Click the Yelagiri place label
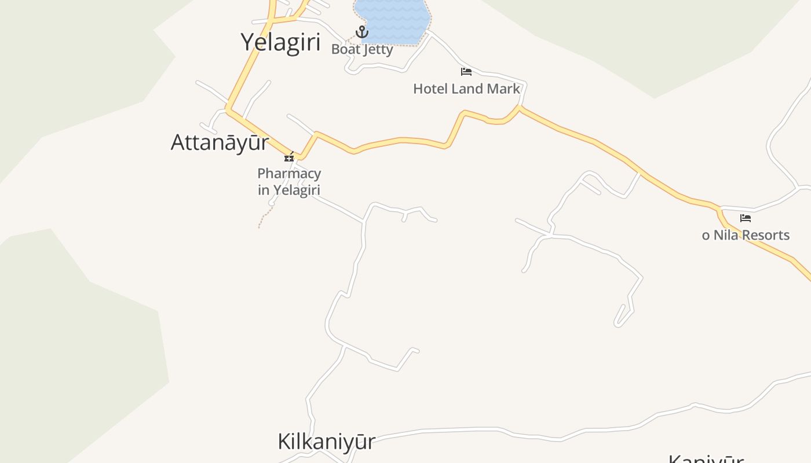coord(280,42)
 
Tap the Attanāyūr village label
coord(220,142)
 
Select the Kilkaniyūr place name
coord(326,442)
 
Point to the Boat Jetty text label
coord(362,49)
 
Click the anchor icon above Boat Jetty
coord(362,31)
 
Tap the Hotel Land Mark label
coord(466,89)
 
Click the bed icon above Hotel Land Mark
coord(466,72)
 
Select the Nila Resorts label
coord(746,235)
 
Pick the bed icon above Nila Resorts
coord(746,218)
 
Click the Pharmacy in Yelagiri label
coord(289,181)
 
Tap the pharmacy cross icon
coord(289,157)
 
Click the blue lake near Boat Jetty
coord(392,20)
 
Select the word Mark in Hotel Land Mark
coord(504,89)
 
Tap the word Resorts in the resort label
coord(766,235)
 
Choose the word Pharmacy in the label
coord(289,174)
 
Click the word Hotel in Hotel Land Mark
coord(430,89)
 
